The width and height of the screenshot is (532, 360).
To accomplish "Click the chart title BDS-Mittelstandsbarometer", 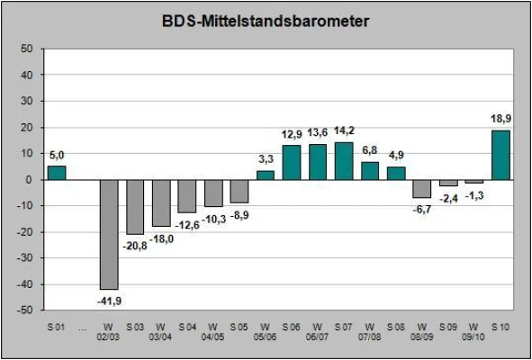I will click(x=266, y=19).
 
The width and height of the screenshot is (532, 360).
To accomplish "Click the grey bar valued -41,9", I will click(x=109, y=234).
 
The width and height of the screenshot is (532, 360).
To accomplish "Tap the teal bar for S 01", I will click(x=57, y=173).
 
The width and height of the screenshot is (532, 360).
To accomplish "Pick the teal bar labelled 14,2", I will click(x=343, y=161).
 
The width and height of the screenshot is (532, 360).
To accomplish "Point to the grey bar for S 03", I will click(x=135, y=206).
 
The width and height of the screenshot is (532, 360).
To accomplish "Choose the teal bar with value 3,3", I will click(x=266, y=175).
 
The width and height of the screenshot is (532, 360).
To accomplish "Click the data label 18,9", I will click(x=500, y=118).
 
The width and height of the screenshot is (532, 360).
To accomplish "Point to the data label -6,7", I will click(x=422, y=209).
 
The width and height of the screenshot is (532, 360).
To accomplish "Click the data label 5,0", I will click(x=57, y=154).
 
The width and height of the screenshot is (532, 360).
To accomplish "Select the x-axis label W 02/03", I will click(x=109, y=331).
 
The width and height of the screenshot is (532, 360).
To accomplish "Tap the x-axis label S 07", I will click(x=343, y=326).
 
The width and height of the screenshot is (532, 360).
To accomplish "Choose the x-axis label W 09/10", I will click(x=473, y=331).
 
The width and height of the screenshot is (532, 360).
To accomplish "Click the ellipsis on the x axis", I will click(x=83, y=326).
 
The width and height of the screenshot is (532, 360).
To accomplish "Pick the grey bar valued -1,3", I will click(x=473, y=182).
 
